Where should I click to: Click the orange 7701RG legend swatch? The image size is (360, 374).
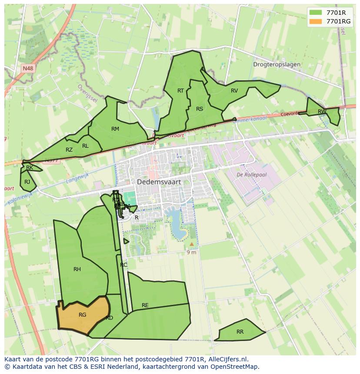[x=316, y=21]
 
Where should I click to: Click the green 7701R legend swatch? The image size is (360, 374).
[x=316, y=13]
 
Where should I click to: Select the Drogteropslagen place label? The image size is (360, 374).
[x=277, y=64]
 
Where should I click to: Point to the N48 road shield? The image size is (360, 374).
[x=28, y=68]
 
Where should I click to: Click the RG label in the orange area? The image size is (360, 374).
[x=83, y=315]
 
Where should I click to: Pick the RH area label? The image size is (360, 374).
[x=77, y=269]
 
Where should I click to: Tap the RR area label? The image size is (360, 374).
[x=240, y=332]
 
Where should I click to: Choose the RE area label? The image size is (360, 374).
[x=145, y=305]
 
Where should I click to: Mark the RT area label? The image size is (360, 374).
[x=181, y=90]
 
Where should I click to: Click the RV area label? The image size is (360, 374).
[x=234, y=91]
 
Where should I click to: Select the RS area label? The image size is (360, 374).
[x=200, y=109]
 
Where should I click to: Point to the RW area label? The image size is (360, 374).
[x=322, y=112]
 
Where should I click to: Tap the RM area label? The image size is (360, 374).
[x=115, y=129]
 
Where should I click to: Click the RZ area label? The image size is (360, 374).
[x=69, y=150]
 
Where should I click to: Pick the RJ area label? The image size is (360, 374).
[x=27, y=182]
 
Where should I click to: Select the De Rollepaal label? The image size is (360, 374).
[x=251, y=175]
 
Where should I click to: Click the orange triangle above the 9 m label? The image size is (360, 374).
[x=191, y=244]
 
